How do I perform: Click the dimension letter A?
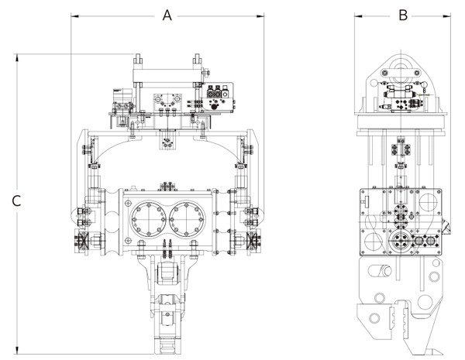click(167, 15)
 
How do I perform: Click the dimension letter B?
click(403, 15)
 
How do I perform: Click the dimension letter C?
click(16, 201)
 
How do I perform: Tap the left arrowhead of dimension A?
click(74, 16)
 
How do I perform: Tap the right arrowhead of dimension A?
click(260, 16)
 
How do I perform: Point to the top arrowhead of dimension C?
click(17, 58)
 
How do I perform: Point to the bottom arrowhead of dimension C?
click(17, 350)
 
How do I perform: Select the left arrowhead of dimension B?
click(358, 16)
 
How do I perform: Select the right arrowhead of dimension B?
click(447, 16)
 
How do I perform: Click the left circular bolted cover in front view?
click(149, 219)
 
